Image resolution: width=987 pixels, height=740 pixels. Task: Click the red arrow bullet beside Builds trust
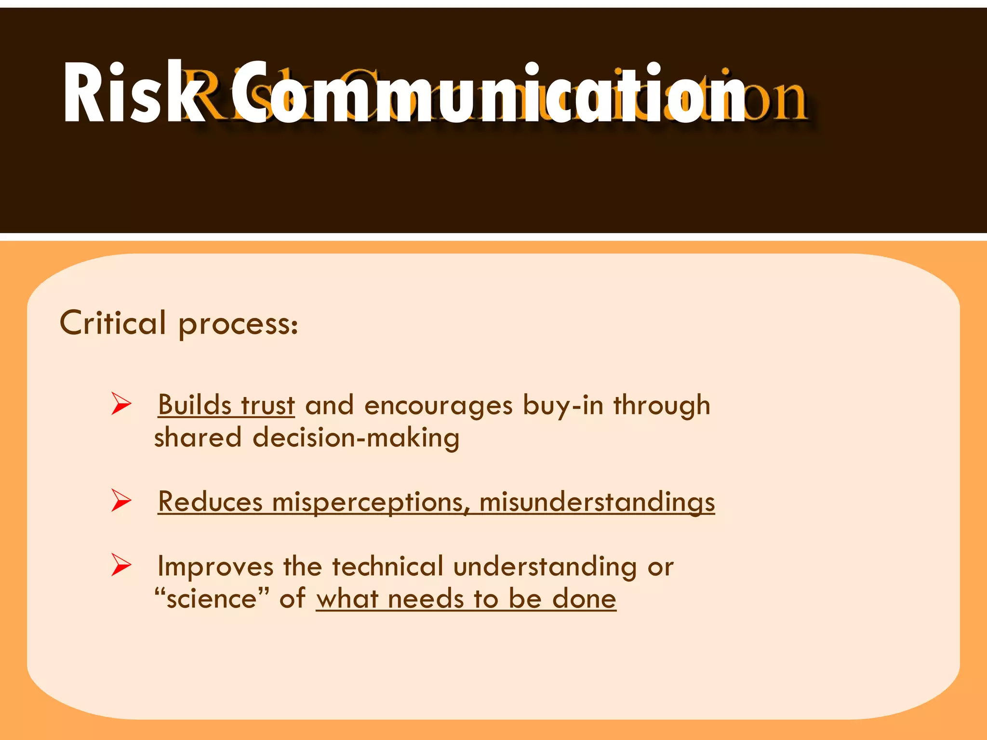tap(121, 404)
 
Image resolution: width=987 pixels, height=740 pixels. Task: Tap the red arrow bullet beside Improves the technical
tap(121, 565)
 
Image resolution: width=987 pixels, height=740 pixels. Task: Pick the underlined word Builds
tap(195, 405)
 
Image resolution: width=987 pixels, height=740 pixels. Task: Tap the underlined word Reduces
tap(210, 502)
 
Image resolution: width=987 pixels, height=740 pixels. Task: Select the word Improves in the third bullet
tap(215, 567)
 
